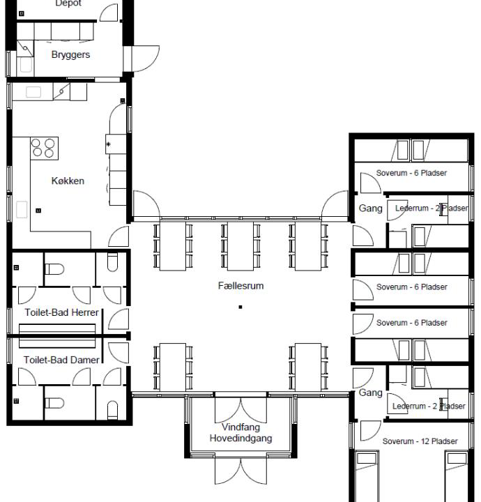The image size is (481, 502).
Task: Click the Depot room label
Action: pyautogui.click(x=68, y=3)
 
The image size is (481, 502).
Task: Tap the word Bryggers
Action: pyautogui.click(x=70, y=54)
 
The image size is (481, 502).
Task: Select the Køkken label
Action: pyautogui.click(x=68, y=181)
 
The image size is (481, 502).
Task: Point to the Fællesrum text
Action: pyautogui.click(x=240, y=286)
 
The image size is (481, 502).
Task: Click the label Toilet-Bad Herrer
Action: pyautogui.click(x=61, y=312)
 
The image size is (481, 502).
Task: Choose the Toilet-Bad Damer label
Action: pyautogui.click(x=61, y=360)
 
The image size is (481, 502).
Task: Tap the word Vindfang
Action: pyautogui.click(x=240, y=427)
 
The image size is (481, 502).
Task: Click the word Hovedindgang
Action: pyautogui.click(x=240, y=439)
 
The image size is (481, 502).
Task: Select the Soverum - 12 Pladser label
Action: pyautogui.click(x=420, y=441)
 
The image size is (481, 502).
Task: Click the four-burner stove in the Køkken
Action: pyautogui.click(x=44, y=147)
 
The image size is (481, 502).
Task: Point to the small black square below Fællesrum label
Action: pyautogui.click(x=240, y=306)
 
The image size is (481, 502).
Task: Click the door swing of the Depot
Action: pyautogui.click(x=109, y=12)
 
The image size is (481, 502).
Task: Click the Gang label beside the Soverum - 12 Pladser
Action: pyautogui.click(x=370, y=393)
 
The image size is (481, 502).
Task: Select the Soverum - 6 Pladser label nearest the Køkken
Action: pyautogui.click(x=411, y=173)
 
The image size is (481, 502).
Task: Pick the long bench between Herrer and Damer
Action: pyautogui.click(x=57, y=335)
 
